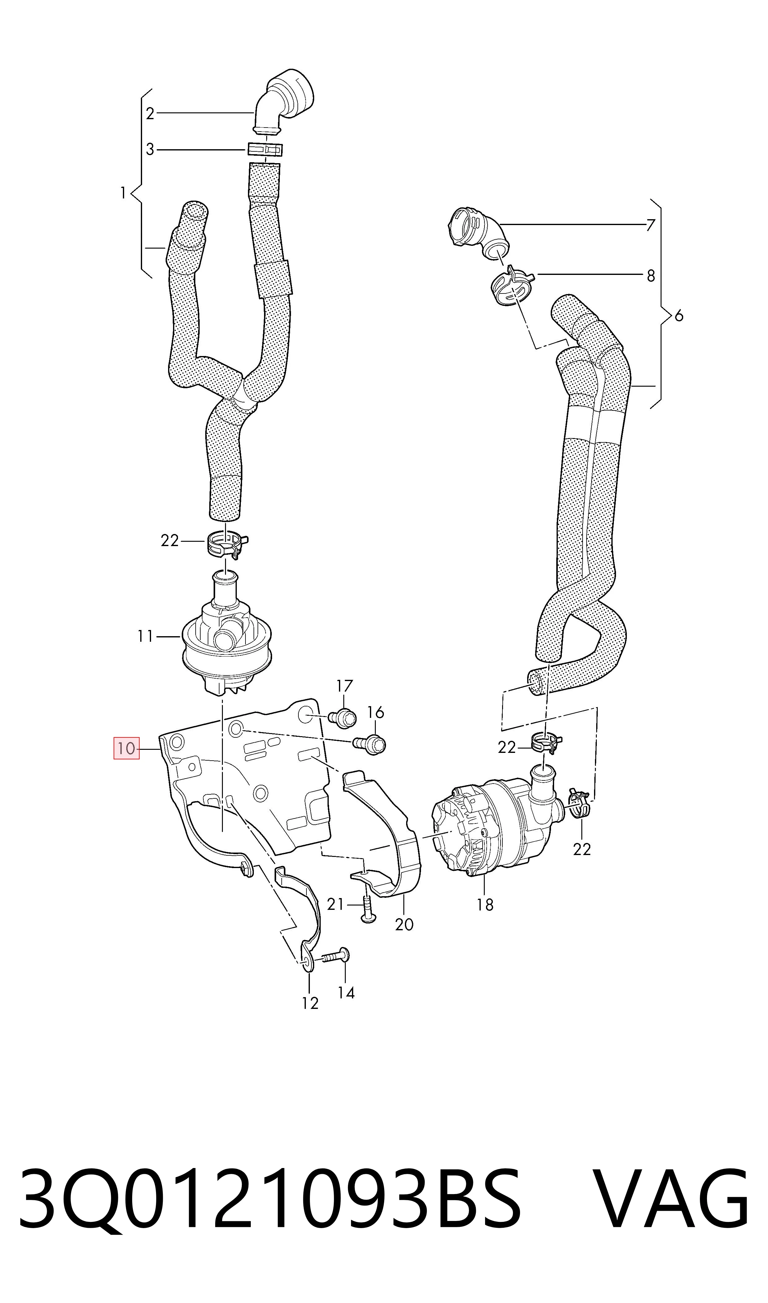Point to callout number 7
coord(650,225)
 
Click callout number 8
coord(650,276)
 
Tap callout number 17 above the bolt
coord(345,686)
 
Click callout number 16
coord(376,713)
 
